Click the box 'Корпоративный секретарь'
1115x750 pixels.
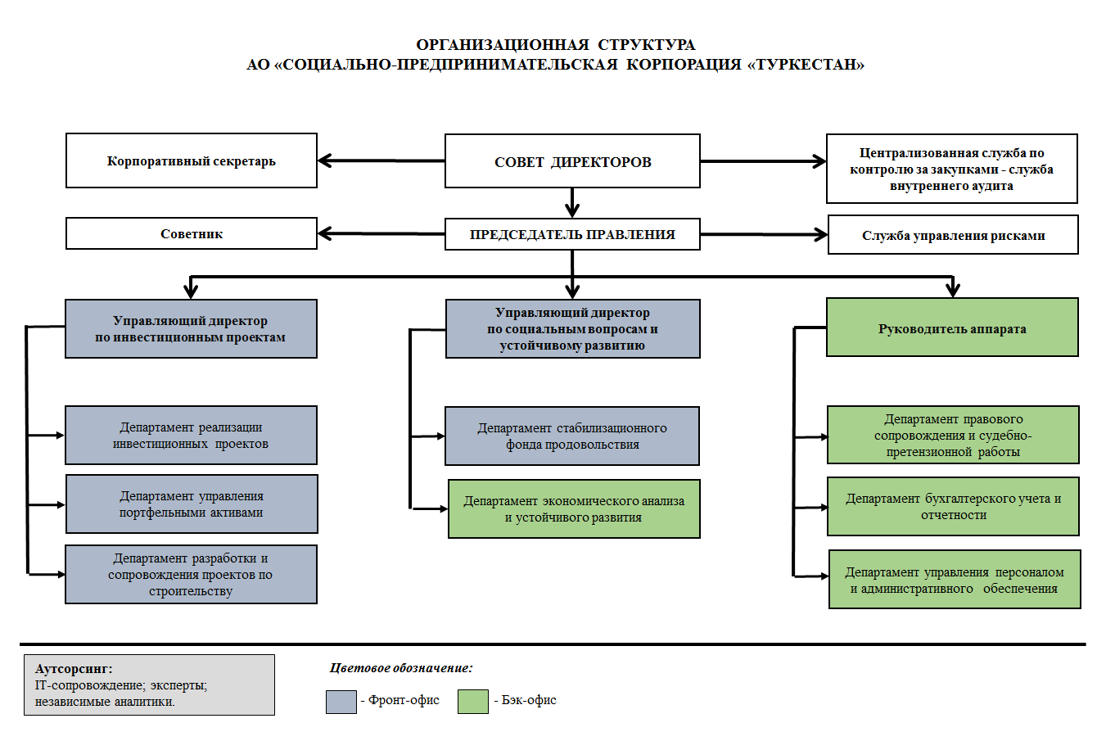[x=191, y=160]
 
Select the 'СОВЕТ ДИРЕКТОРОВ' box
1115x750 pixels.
[x=572, y=160]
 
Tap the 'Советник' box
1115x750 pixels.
[x=191, y=233]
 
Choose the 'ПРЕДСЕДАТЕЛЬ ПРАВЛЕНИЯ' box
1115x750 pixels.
[x=572, y=234]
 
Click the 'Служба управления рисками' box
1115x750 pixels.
[x=953, y=234]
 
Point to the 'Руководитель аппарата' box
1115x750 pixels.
[x=952, y=328]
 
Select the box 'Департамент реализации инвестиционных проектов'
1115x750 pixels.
[x=191, y=436]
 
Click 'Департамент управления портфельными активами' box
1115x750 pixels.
[x=192, y=504]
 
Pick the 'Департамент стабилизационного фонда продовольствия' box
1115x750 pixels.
[x=572, y=436]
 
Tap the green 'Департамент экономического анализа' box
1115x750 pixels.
[x=574, y=509]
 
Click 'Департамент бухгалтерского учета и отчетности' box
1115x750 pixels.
[x=953, y=507]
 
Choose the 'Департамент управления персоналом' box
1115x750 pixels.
[x=955, y=579]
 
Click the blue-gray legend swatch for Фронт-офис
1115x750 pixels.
[x=341, y=702]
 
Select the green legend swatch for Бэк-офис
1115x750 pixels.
[x=473, y=702]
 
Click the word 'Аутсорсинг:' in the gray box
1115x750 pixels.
[x=74, y=669]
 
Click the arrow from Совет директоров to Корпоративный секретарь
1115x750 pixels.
[x=381, y=160]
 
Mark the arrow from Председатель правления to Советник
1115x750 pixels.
[x=381, y=233]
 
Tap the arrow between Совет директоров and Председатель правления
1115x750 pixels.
[x=572, y=203]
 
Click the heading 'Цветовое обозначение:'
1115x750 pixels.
[x=401, y=668]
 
